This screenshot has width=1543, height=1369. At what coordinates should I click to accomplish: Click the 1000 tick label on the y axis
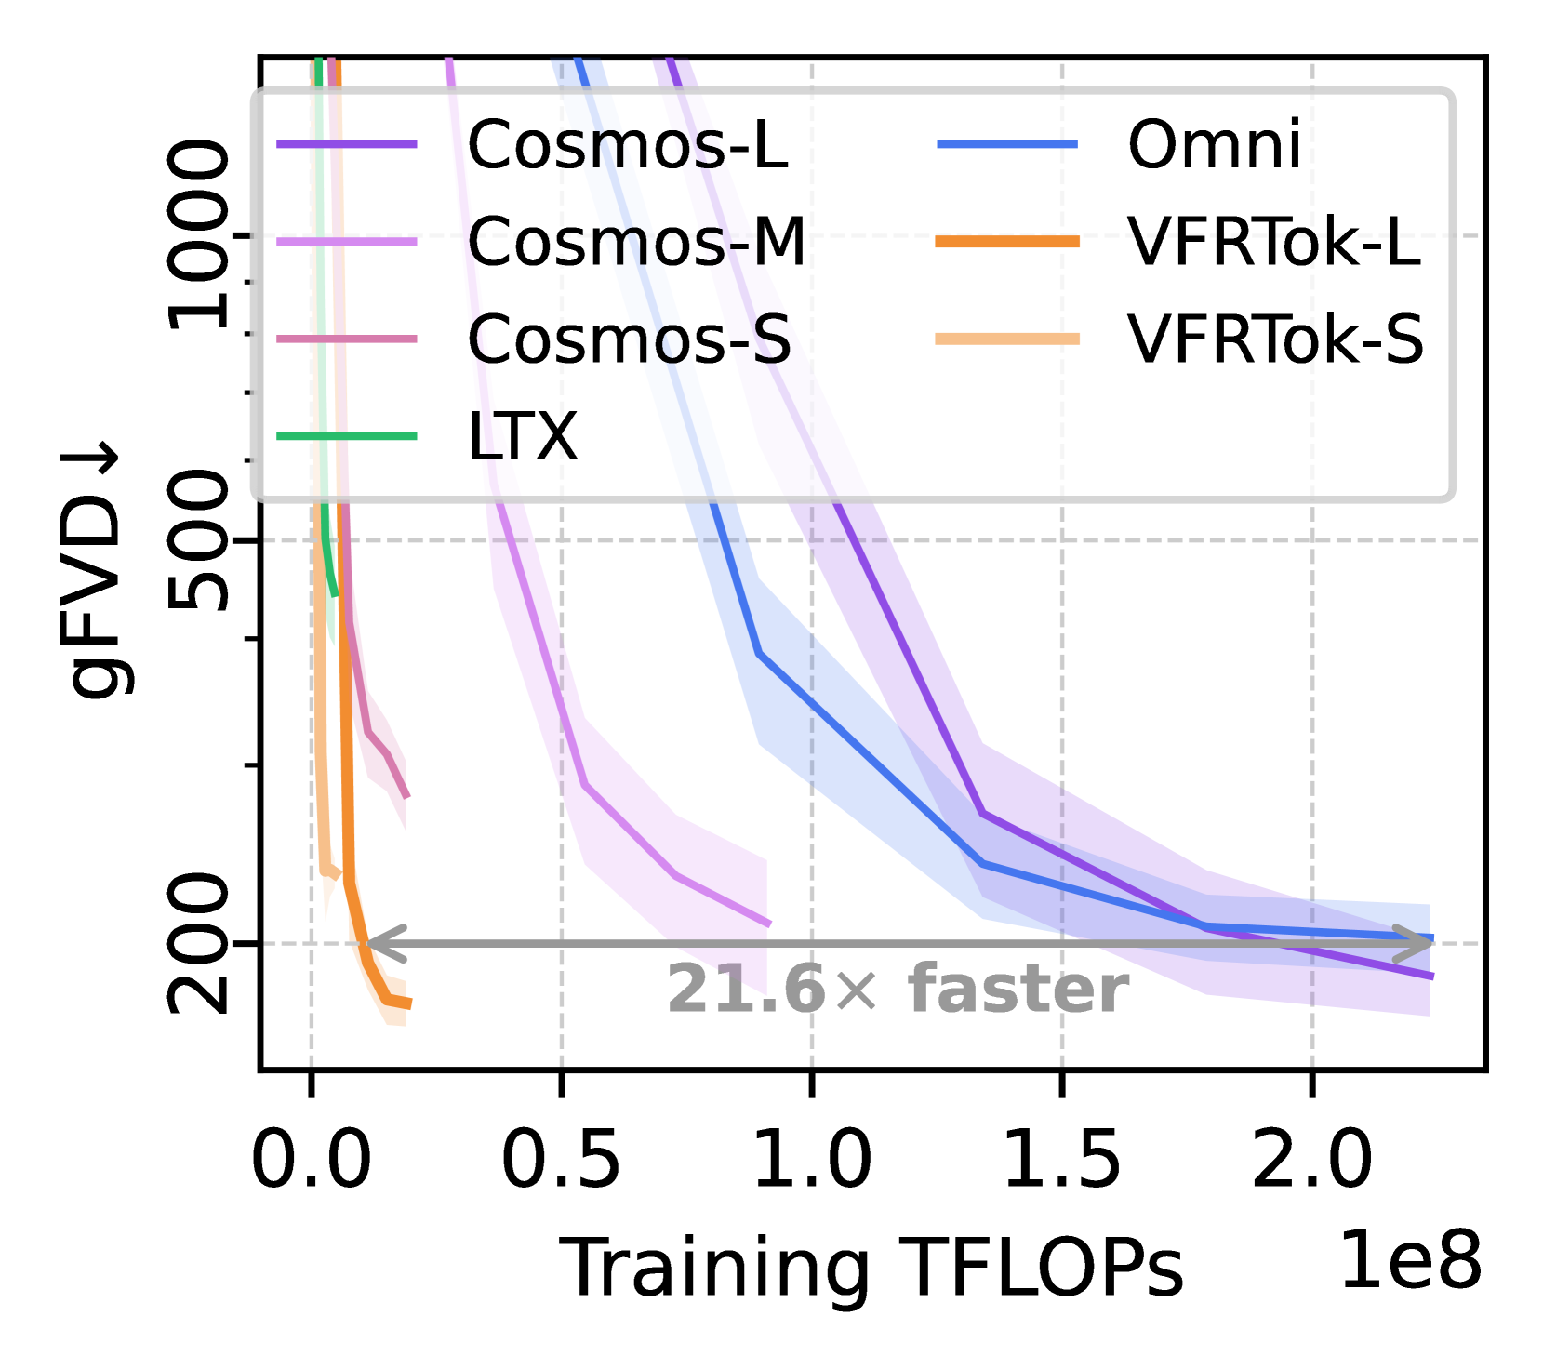198,235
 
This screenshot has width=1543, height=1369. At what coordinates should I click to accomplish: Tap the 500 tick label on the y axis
198,540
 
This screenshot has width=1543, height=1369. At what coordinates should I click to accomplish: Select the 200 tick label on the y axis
198,943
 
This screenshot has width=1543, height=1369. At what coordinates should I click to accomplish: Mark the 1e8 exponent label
1410,1259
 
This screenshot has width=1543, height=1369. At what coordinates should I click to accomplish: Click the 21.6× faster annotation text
898,989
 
